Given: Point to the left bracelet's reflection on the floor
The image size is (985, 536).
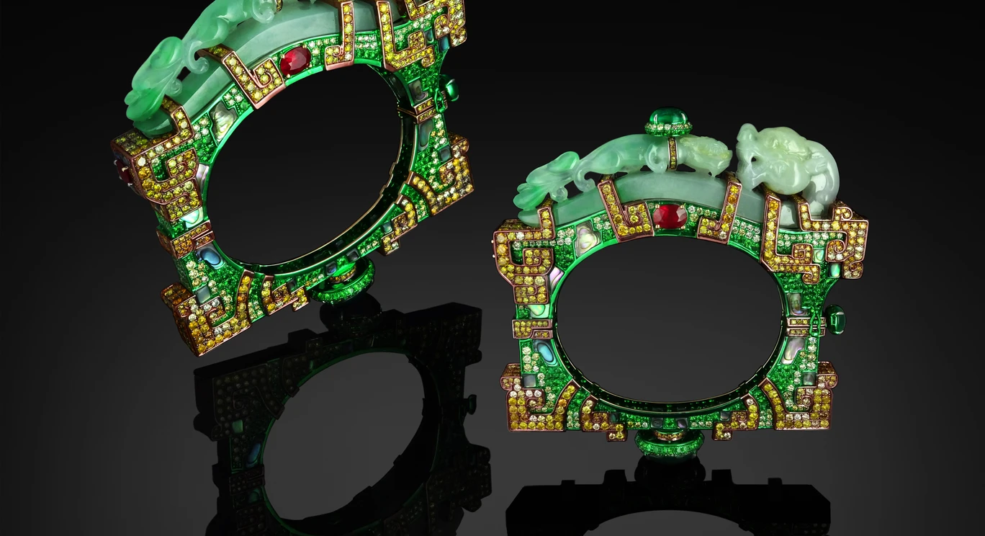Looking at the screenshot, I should (x=338, y=418).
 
